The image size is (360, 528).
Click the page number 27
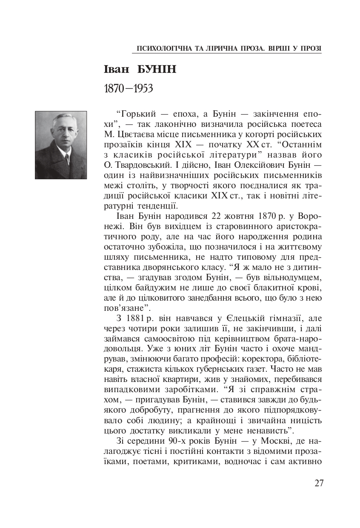(319, 483)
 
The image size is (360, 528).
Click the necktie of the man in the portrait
(66, 159)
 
